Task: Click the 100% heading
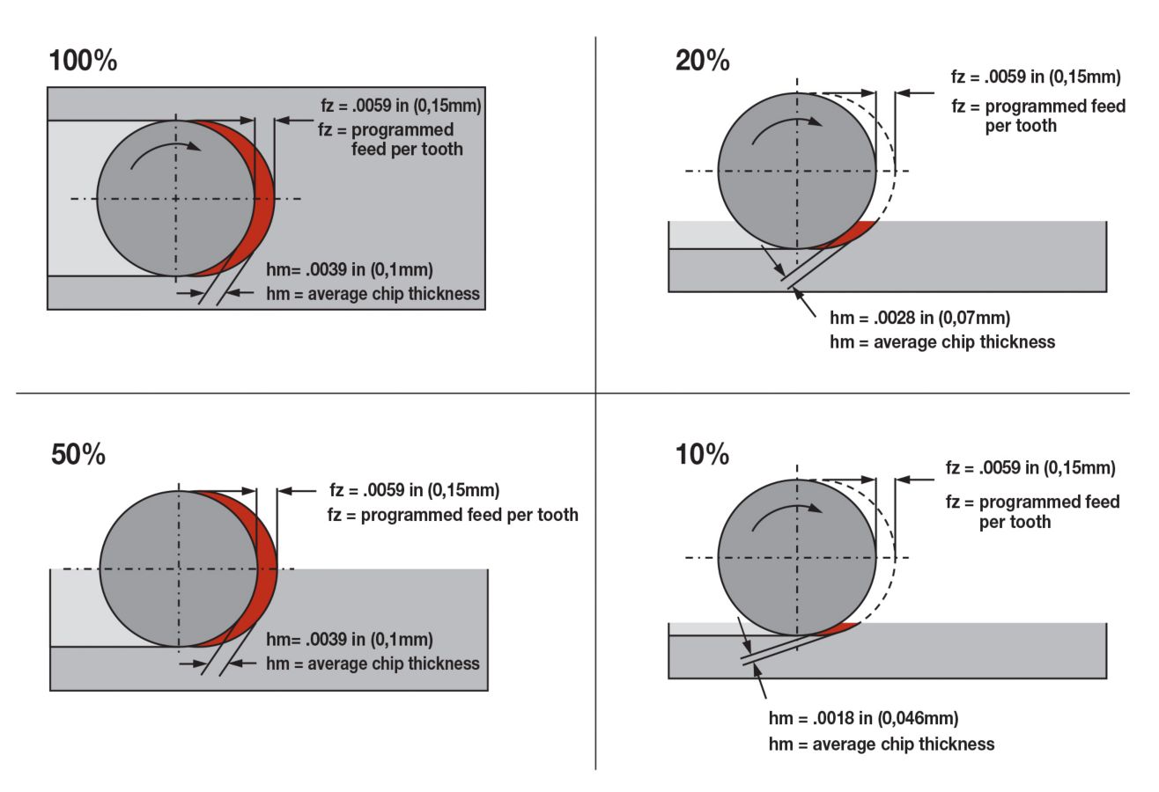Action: point(83,61)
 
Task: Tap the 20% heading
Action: point(702,61)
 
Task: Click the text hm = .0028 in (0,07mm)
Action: point(919,318)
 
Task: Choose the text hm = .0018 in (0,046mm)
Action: point(863,718)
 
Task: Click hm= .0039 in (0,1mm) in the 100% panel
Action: point(350,269)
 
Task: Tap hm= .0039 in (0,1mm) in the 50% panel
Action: point(350,640)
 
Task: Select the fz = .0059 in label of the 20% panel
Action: point(1036,77)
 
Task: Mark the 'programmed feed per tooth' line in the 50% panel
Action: point(453,515)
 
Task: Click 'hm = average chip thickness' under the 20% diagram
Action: point(941,341)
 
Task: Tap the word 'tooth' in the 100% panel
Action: point(441,149)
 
